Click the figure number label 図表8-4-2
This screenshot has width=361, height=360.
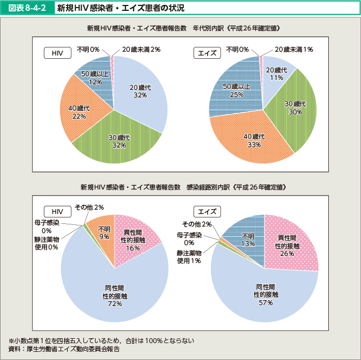click(x=27, y=8)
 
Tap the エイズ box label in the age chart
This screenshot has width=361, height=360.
click(x=207, y=53)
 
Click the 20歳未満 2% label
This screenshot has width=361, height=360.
click(x=141, y=49)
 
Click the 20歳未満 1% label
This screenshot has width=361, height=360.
click(x=293, y=49)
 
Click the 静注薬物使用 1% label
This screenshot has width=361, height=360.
click(x=189, y=257)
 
